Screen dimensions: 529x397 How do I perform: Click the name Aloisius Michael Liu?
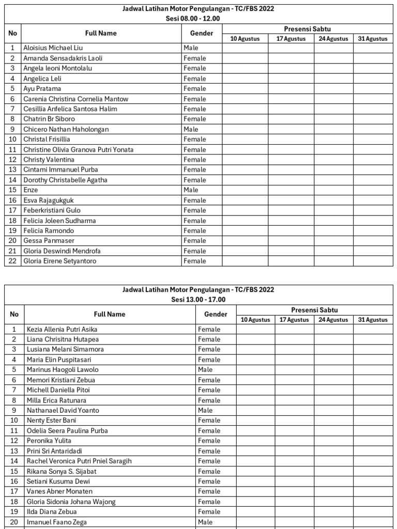[x=53, y=48]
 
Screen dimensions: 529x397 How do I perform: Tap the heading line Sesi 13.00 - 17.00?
[x=198, y=300]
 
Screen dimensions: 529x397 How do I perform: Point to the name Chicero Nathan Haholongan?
[x=66, y=129]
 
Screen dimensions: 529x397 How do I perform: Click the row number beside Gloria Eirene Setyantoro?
[x=13, y=261]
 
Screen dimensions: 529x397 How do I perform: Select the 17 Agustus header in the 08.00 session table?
[x=291, y=39]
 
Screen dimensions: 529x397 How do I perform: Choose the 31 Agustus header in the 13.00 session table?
[x=372, y=320]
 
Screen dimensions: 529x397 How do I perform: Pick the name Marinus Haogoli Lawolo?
[x=62, y=370]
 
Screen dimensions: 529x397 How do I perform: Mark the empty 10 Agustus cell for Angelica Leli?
[x=245, y=79]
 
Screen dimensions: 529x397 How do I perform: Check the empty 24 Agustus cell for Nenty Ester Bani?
[x=333, y=421]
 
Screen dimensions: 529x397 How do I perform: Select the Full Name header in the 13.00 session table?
[x=110, y=314]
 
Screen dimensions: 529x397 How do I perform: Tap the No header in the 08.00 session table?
[x=13, y=34]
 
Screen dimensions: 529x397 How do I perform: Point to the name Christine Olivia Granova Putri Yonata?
[x=78, y=149]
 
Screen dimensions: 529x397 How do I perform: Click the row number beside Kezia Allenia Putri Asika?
[x=14, y=329]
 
